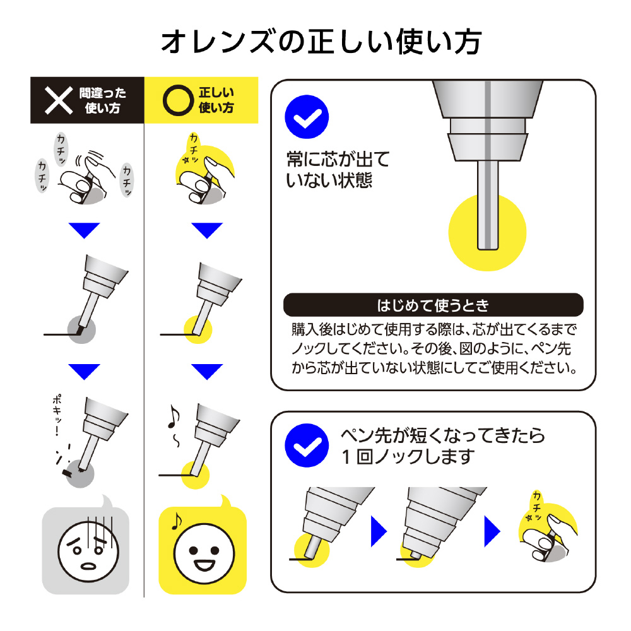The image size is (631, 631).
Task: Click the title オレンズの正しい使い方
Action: [321, 42]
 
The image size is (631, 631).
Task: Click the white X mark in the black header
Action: [59, 100]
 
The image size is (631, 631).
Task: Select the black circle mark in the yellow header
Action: [179, 100]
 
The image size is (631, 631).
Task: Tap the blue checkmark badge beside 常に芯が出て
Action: [307, 117]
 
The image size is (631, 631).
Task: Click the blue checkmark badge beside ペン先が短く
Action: [307, 445]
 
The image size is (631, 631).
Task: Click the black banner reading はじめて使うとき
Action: [433, 305]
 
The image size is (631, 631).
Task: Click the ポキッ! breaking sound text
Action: [57, 415]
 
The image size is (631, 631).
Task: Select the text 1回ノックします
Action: [408, 457]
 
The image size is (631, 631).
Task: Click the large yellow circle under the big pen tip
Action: [487, 233]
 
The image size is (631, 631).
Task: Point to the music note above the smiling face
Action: [177, 521]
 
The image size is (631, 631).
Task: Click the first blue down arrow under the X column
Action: [84, 230]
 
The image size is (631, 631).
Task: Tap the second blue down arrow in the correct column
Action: [207, 372]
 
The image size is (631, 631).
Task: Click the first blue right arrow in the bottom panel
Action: [379, 531]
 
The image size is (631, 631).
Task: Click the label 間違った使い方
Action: [102, 100]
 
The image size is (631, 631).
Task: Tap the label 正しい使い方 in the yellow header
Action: [216, 100]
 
